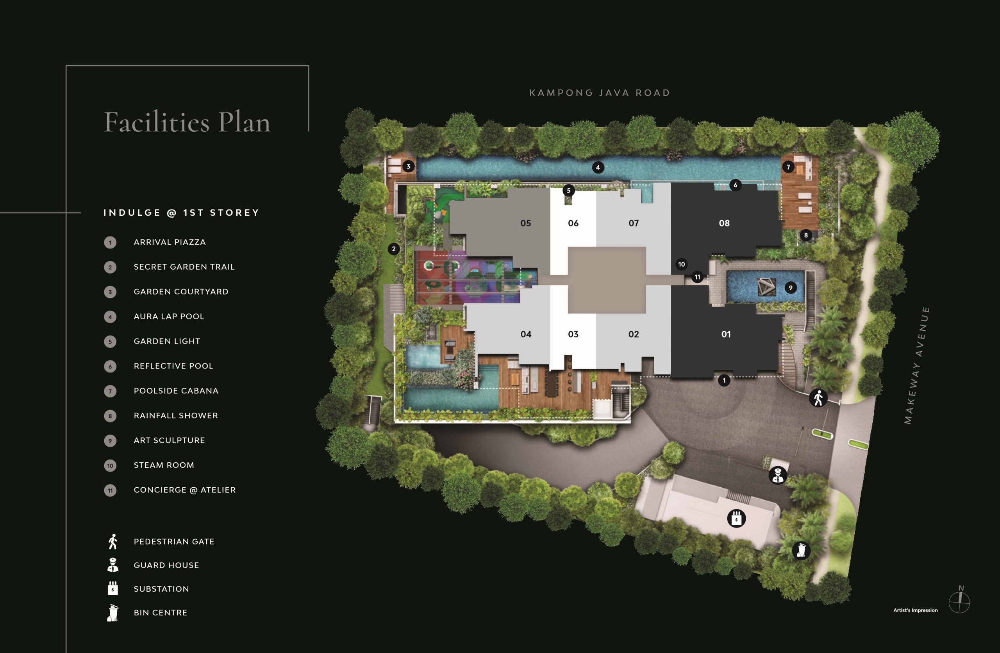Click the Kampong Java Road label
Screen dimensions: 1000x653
(x=600, y=93)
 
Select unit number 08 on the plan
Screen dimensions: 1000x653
(x=724, y=223)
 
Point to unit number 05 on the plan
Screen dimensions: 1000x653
(x=526, y=223)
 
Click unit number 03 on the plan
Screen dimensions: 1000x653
(x=573, y=334)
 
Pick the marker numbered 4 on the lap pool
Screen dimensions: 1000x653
(x=598, y=168)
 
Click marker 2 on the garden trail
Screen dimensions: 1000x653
(x=394, y=249)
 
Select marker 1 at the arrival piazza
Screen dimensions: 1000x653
(x=724, y=380)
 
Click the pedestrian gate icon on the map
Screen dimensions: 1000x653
(x=818, y=398)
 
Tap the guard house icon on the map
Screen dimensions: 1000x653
(x=778, y=475)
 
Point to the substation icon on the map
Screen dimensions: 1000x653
(x=736, y=518)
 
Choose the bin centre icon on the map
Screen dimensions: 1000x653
(x=801, y=550)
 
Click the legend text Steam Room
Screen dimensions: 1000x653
(x=164, y=465)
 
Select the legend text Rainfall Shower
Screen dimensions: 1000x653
(x=176, y=415)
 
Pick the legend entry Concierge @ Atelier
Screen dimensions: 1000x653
(x=185, y=490)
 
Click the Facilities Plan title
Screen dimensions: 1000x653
(x=187, y=122)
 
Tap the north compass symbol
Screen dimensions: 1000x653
(x=960, y=601)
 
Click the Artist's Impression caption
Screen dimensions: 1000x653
(x=915, y=610)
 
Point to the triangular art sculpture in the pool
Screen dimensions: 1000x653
(x=766, y=287)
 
